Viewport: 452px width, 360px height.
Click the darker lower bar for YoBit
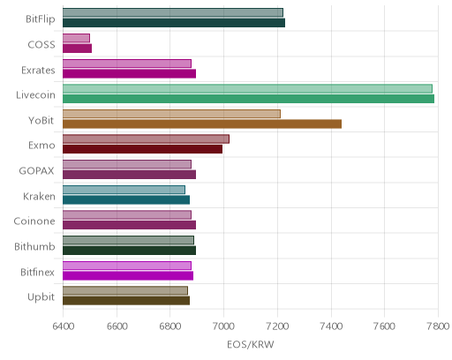[x=202, y=124]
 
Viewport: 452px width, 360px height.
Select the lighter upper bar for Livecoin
[x=247, y=88]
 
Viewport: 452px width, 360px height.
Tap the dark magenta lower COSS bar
[x=77, y=49]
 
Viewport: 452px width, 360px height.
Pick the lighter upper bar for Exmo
[x=146, y=139]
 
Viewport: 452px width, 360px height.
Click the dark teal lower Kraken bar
[x=126, y=200]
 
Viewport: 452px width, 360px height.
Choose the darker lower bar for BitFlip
[x=174, y=23]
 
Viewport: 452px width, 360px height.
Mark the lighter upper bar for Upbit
[x=125, y=290]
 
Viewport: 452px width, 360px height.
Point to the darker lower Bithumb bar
[x=129, y=251]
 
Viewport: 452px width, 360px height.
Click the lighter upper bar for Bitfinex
[x=127, y=266]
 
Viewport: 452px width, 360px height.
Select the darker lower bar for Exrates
[x=129, y=74]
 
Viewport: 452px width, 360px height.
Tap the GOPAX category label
[x=36, y=171]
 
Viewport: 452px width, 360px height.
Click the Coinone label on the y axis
[x=34, y=221]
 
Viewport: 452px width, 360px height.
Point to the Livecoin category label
[x=35, y=95]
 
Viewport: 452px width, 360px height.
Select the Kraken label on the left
[x=39, y=196]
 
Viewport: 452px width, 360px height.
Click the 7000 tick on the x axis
[x=223, y=326]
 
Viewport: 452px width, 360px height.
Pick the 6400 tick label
[x=63, y=326]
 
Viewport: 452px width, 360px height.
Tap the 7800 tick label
[x=438, y=326]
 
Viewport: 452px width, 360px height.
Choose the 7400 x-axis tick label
[x=331, y=326]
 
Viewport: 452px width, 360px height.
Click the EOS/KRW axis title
[x=251, y=344]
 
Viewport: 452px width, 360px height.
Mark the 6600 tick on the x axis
[x=117, y=326]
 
